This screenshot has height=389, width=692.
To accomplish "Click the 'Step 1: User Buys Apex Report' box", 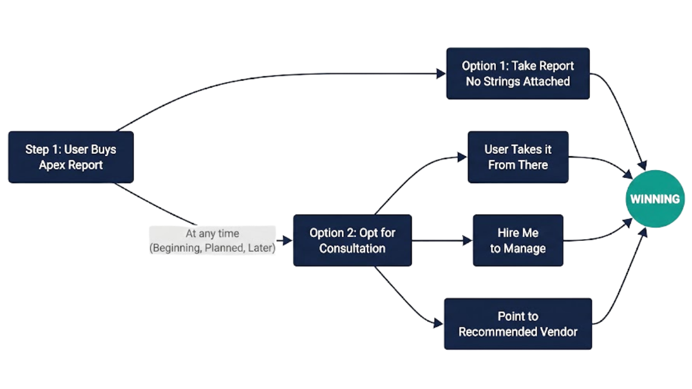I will point(71,157).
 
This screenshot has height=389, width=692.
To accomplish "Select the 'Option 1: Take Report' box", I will point(518,73).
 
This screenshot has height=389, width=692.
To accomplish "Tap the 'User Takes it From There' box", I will point(518,157).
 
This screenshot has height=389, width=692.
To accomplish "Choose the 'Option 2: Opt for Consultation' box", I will point(352,240).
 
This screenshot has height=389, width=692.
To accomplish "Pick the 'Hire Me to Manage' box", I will point(518,240).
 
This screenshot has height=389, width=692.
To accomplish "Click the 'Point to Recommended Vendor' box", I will point(518,324).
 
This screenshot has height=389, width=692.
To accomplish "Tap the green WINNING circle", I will point(655,199).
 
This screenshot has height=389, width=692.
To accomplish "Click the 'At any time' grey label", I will point(212,234).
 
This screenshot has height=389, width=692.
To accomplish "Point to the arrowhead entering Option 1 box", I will point(441,73).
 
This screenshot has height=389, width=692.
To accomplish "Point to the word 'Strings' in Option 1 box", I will point(503,81).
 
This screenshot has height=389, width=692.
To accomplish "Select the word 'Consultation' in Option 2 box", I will point(352,248).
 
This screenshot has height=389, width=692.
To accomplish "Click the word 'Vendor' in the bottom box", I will point(559,332).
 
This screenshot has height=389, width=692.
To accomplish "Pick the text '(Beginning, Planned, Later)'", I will point(212,248).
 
